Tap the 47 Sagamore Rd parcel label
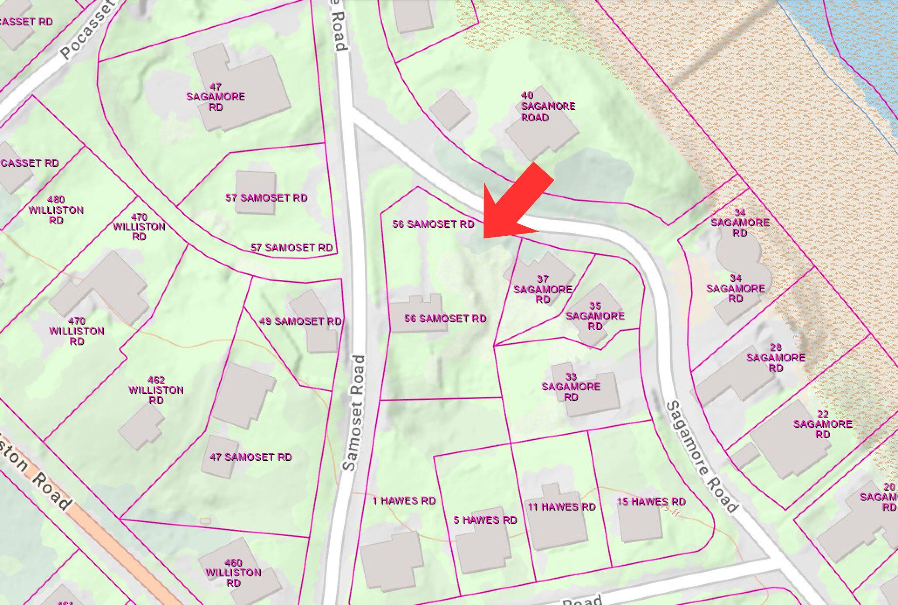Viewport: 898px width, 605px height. point(216,97)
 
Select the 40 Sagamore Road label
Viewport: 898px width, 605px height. point(548,107)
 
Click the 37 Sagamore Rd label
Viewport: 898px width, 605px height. point(543,289)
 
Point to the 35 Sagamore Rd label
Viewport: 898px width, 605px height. point(595,316)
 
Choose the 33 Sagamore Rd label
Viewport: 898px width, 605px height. point(571,387)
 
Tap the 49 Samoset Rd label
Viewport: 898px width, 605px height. point(300,321)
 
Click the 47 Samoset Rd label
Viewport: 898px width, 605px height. point(250,457)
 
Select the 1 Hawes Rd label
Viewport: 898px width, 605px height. point(404,501)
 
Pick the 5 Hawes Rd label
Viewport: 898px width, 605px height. point(485,520)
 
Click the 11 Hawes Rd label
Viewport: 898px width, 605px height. point(562,507)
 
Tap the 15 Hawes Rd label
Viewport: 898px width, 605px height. point(651,502)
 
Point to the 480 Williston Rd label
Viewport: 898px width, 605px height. point(56,210)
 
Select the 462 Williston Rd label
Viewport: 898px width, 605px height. point(156,390)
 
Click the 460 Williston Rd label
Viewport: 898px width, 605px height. point(233,572)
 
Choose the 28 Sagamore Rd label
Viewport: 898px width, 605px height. point(775,357)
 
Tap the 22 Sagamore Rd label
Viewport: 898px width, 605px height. point(823,424)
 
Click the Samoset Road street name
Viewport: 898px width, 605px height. point(354,412)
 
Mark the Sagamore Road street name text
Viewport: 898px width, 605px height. point(702,457)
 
